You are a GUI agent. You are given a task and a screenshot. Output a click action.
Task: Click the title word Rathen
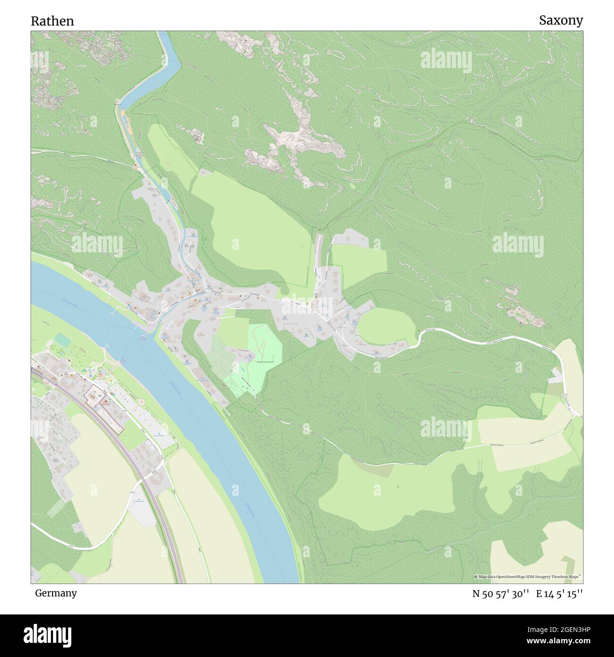52,21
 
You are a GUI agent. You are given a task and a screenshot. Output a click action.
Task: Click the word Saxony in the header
561,20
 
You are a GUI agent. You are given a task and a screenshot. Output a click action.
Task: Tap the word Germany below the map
56,593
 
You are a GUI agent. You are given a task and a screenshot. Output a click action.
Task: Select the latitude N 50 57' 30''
500,594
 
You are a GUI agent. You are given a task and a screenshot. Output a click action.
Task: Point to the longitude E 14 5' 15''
559,594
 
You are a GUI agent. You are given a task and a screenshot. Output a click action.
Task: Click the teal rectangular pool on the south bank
62,339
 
